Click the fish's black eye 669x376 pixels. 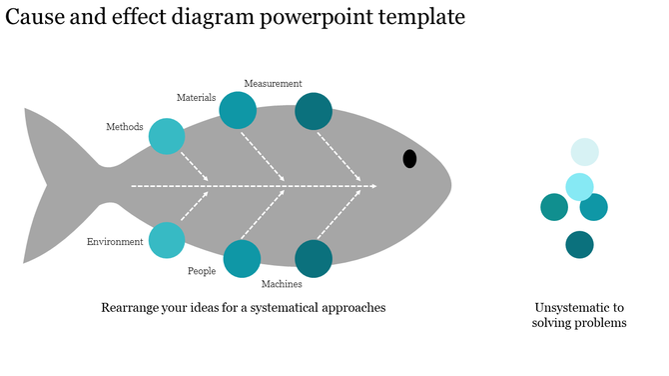pos(409,158)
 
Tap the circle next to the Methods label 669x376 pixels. pos(167,136)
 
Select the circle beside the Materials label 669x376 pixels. pos(238,110)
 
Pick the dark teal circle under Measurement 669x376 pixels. pos(314,111)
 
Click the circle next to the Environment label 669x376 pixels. pos(166,240)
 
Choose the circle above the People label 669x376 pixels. pos(242,258)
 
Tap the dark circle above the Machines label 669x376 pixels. pos(314,258)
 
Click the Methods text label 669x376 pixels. pos(125,127)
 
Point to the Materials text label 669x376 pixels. pos(196,98)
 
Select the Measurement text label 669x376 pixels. pos(273,84)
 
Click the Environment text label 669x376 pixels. pos(115,242)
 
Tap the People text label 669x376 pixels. pos(202,271)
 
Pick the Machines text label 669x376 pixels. pos(282,284)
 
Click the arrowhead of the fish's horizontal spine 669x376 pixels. pos(372,186)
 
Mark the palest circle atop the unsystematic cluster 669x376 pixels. pos(584,152)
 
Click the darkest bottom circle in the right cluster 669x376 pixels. pos(579,244)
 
